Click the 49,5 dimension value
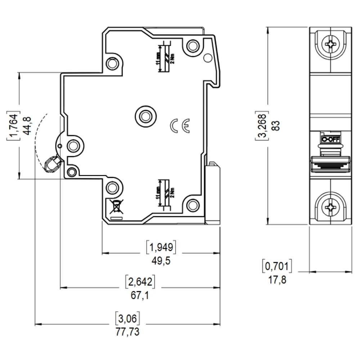pyautogui.click(x=161, y=261)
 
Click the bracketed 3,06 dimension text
pyautogui.click(x=127, y=318)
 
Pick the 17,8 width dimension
pyautogui.click(x=277, y=279)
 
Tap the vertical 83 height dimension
pyautogui.click(x=276, y=126)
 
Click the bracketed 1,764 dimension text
pyautogui.click(x=13, y=126)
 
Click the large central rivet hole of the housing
pyautogui.click(x=146, y=116)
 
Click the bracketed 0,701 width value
pyautogui.click(x=276, y=266)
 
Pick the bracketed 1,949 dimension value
pyautogui.click(x=161, y=247)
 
